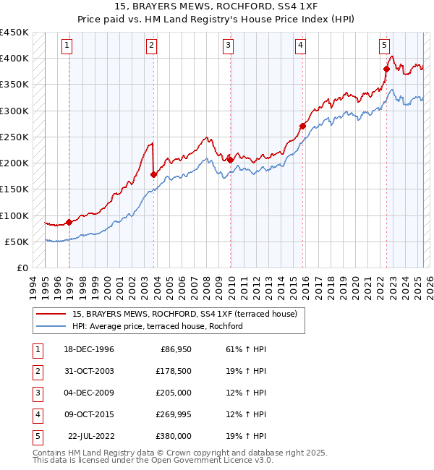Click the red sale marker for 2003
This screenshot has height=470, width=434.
(x=153, y=174)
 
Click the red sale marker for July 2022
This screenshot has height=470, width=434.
(x=386, y=69)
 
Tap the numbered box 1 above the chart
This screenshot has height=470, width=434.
(x=67, y=45)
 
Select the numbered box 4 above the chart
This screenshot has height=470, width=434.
(x=299, y=45)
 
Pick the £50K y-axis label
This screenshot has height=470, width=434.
(x=17, y=242)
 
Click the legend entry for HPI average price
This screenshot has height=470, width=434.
(x=157, y=326)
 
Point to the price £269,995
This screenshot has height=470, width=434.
(x=172, y=414)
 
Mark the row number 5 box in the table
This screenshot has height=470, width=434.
(x=36, y=436)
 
